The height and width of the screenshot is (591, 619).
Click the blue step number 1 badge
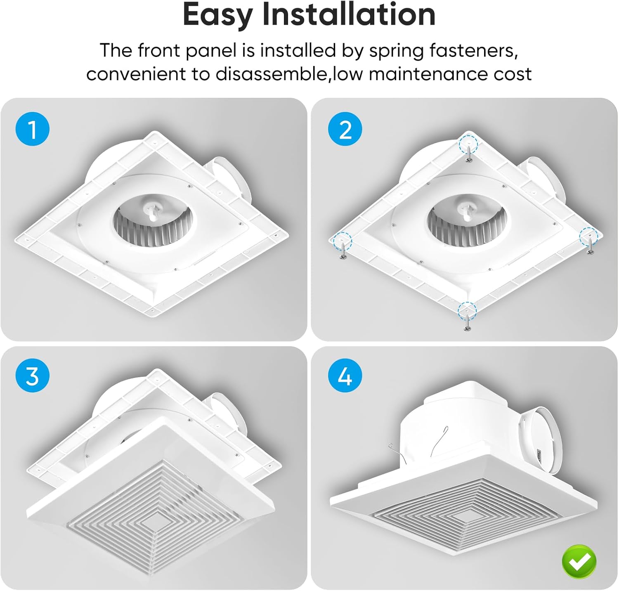click(x=32, y=129)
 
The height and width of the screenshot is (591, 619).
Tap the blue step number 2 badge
click(x=345, y=129)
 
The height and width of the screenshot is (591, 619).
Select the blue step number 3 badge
click(x=32, y=376)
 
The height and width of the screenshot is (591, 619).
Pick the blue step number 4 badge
click(x=345, y=376)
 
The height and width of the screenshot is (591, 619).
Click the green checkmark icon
click(x=579, y=561)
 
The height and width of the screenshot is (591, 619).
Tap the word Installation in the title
click(x=349, y=15)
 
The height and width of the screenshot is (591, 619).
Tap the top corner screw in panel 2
click(x=469, y=154)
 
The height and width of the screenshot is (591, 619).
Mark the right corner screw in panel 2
click(x=590, y=246)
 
